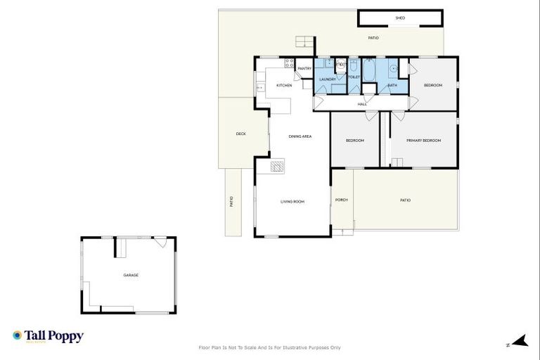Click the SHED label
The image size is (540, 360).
pos(400,18)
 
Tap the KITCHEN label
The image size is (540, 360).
pos(284,85)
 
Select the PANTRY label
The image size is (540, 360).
pos(304,68)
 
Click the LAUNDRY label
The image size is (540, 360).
pos(328,79)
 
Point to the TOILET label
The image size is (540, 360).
pos(354,77)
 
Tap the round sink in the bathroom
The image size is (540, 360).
pos(394,69)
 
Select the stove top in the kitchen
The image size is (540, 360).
pos(288,64)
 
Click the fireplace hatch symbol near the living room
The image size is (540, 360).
pos(278,166)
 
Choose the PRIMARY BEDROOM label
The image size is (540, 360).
pos(423,141)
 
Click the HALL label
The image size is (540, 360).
pos(362,104)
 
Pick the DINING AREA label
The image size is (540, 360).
pos(300,136)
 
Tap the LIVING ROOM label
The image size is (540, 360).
pos(292,202)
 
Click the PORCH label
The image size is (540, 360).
pos(342,200)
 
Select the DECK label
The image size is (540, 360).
pos(241,134)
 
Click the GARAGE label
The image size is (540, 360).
pos(131,275)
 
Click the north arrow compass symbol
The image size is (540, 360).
pos(519,342)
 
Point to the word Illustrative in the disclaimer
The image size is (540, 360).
pos(292,347)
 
